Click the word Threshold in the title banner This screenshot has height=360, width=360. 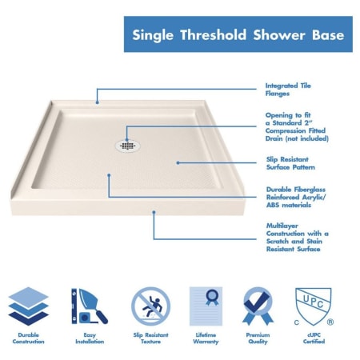[x=213, y=35]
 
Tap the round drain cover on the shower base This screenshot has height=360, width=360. [x=128, y=146]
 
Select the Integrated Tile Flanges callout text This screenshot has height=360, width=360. [x=288, y=90]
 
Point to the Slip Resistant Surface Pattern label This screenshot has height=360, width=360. [x=290, y=163]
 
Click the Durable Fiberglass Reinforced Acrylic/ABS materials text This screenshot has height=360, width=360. [x=296, y=197]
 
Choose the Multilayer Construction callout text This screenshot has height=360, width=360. [x=298, y=238]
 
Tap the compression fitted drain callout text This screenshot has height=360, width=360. [x=297, y=126]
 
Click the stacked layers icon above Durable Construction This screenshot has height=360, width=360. [x=29, y=306]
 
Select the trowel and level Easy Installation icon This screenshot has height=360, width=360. [x=90, y=306]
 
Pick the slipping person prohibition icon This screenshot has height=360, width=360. [x=150, y=306]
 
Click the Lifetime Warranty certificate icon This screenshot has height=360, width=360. [x=206, y=306]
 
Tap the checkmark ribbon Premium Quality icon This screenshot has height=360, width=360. [x=258, y=306]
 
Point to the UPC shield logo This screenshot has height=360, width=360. [x=314, y=306]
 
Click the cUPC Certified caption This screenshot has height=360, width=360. [x=314, y=338]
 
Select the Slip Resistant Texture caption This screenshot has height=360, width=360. [x=150, y=338]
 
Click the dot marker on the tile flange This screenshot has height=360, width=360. [x=98, y=102]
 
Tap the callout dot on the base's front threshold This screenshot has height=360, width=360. [x=154, y=212]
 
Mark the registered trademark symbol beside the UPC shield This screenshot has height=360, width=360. [x=330, y=322]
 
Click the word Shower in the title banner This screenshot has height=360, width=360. [x=279, y=35]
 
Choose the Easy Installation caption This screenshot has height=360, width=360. [x=90, y=338]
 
